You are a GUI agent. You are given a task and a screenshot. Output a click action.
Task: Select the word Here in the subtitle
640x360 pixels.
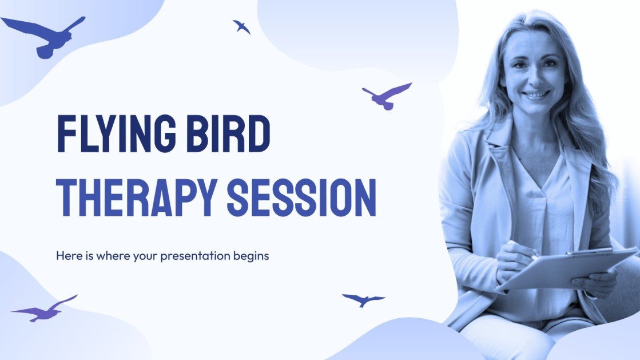[67, 256]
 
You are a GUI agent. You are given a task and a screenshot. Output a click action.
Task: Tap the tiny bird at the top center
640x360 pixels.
[241, 26]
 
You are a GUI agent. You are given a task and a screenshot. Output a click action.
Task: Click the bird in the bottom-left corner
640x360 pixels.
[43, 310]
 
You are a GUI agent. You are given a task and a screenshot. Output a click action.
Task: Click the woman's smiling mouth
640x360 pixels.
[536, 94]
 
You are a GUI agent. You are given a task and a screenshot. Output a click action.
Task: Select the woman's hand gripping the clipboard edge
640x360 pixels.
[595, 280]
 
